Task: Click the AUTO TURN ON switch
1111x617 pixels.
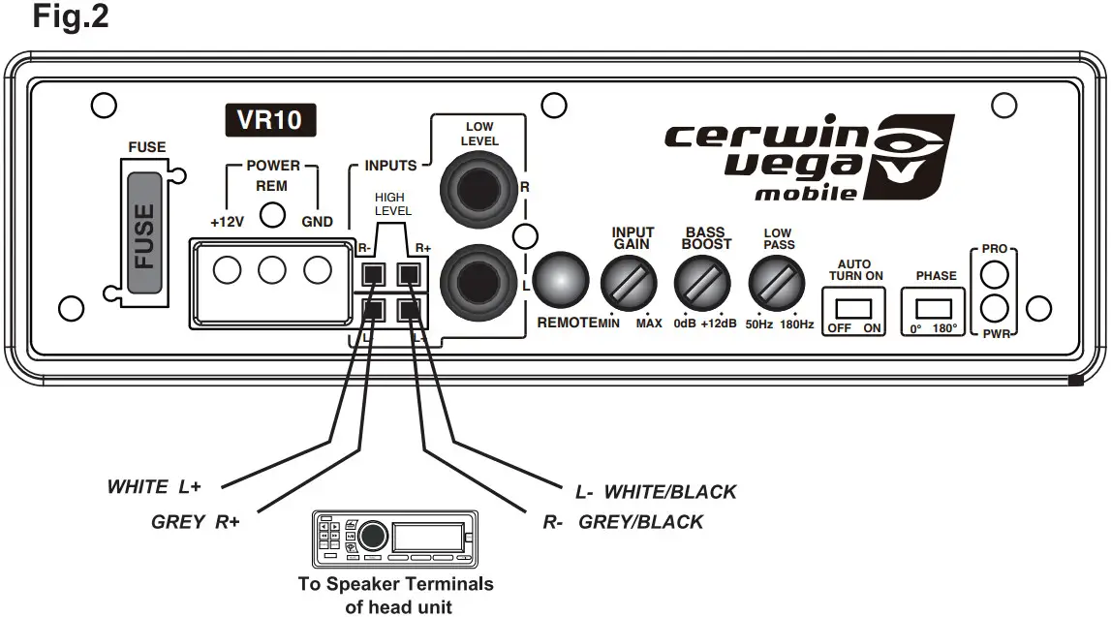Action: tap(855, 308)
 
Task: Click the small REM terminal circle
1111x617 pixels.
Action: tap(273, 214)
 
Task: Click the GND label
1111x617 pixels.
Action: tap(317, 222)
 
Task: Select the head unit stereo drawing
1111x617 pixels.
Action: tap(394, 538)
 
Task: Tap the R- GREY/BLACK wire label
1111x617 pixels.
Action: tap(624, 522)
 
